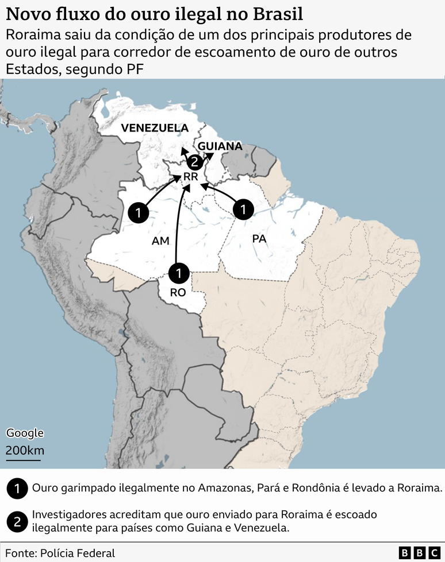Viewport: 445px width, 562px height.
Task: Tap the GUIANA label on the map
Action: pyautogui.click(x=220, y=146)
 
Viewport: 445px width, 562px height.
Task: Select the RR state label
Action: pyautogui.click(x=190, y=177)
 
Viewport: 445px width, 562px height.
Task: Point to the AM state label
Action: pyautogui.click(x=160, y=241)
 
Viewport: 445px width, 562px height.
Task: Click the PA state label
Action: pyautogui.click(x=259, y=238)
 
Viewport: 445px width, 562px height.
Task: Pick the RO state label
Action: pyautogui.click(x=178, y=292)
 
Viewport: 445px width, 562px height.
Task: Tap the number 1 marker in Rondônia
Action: pyautogui.click(x=179, y=272)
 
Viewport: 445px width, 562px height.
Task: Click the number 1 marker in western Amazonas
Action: pyautogui.click(x=138, y=213)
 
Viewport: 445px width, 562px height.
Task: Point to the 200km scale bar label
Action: pyautogui.click(x=25, y=450)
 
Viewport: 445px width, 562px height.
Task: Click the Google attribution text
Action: pyautogui.click(x=25, y=433)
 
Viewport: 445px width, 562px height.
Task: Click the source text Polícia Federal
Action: pyautogui.click(x=77, y=553)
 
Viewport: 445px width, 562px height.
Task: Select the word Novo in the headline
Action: pyautogui.click(x=25, y=13)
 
